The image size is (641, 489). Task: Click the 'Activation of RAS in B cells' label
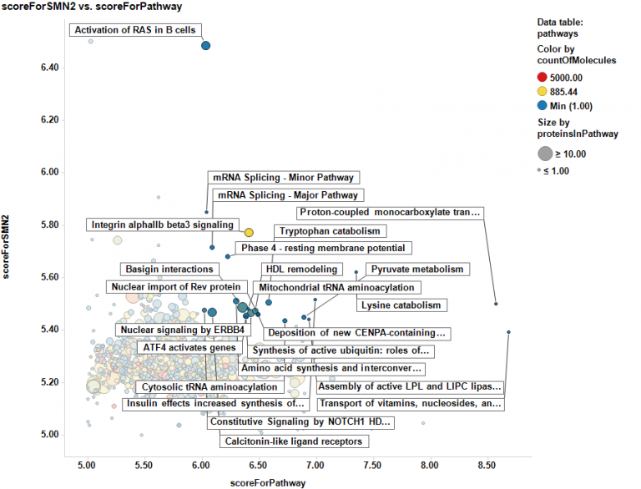tap(135, 31)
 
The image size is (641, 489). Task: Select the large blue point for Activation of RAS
tap(206, 46)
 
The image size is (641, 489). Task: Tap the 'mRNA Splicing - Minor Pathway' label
tap(284, 178)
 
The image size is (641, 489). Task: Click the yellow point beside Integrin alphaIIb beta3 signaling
tap(249, 233)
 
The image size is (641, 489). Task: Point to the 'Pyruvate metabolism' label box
tap(417, 270)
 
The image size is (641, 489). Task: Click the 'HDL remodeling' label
tap(301, 270)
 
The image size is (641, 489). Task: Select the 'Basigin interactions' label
tap(169, 270)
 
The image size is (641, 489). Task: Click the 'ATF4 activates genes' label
tap(189, 347)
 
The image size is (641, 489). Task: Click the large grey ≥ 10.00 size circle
tap(545, 154)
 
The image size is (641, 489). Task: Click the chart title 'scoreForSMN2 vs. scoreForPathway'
tap(91, 8)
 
